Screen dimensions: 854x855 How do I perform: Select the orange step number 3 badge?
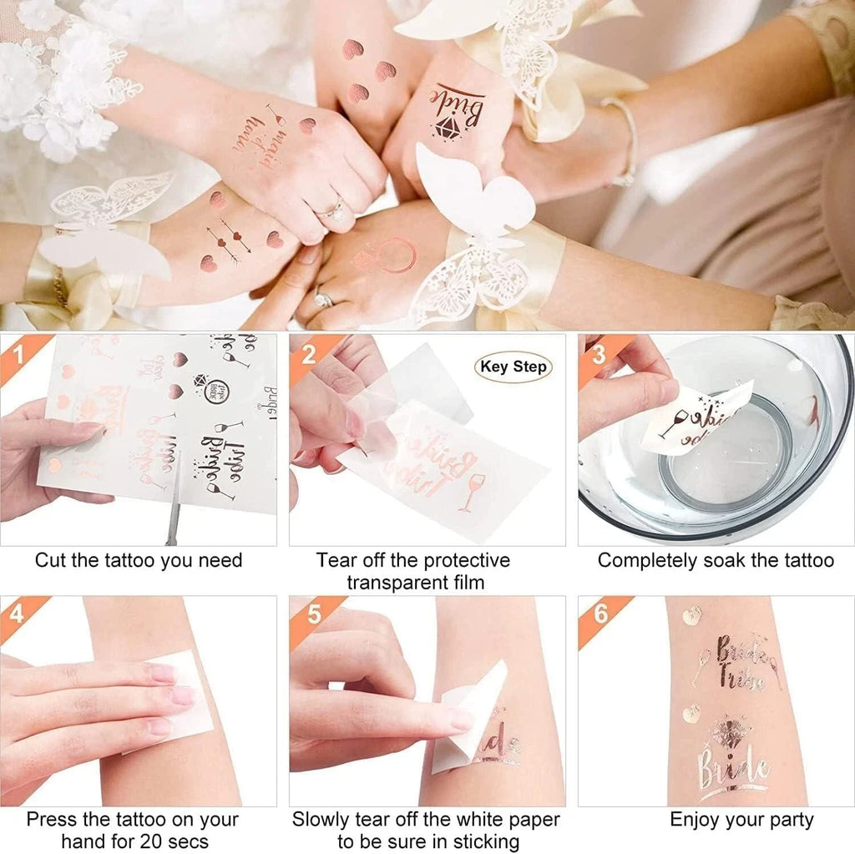click(x=596, y=351)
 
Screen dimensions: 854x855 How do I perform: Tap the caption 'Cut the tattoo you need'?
click(x=139, y=560)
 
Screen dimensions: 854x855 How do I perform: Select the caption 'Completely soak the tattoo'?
click(x=716, y=560)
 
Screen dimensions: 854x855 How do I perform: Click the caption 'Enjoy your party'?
click(x=741, y=820)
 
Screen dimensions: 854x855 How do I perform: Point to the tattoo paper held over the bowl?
click(x=697, y=417)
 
